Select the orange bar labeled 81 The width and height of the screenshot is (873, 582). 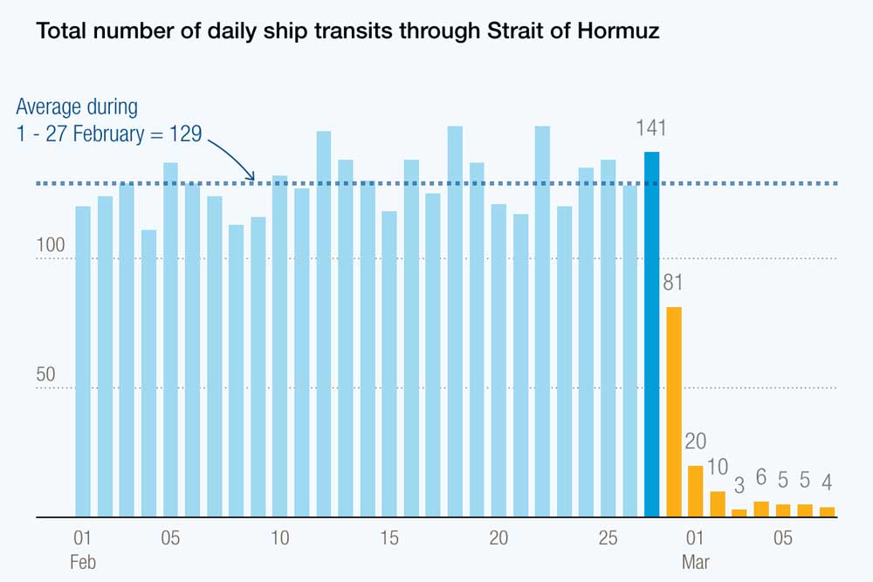[673, 411]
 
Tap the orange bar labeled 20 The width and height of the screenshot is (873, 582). [695, 491]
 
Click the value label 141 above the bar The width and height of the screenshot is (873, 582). [651, 129]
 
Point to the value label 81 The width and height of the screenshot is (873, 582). [673, 284]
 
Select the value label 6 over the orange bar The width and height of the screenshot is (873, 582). [761, 477]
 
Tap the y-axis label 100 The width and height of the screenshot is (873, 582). [51, 245]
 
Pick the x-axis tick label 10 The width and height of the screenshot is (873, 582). [280, 538]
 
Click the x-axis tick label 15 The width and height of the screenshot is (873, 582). [389, 538]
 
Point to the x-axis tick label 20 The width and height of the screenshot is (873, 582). [498, 538]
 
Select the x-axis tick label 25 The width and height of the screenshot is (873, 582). [608, 538]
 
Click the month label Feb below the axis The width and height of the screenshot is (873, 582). [83, 563]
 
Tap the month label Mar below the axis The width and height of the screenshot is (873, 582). [696, 563]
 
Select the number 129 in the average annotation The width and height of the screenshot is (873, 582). [185, 134]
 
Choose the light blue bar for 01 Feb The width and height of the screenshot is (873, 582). [83, 361]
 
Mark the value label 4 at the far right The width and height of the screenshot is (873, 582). [827, 482]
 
